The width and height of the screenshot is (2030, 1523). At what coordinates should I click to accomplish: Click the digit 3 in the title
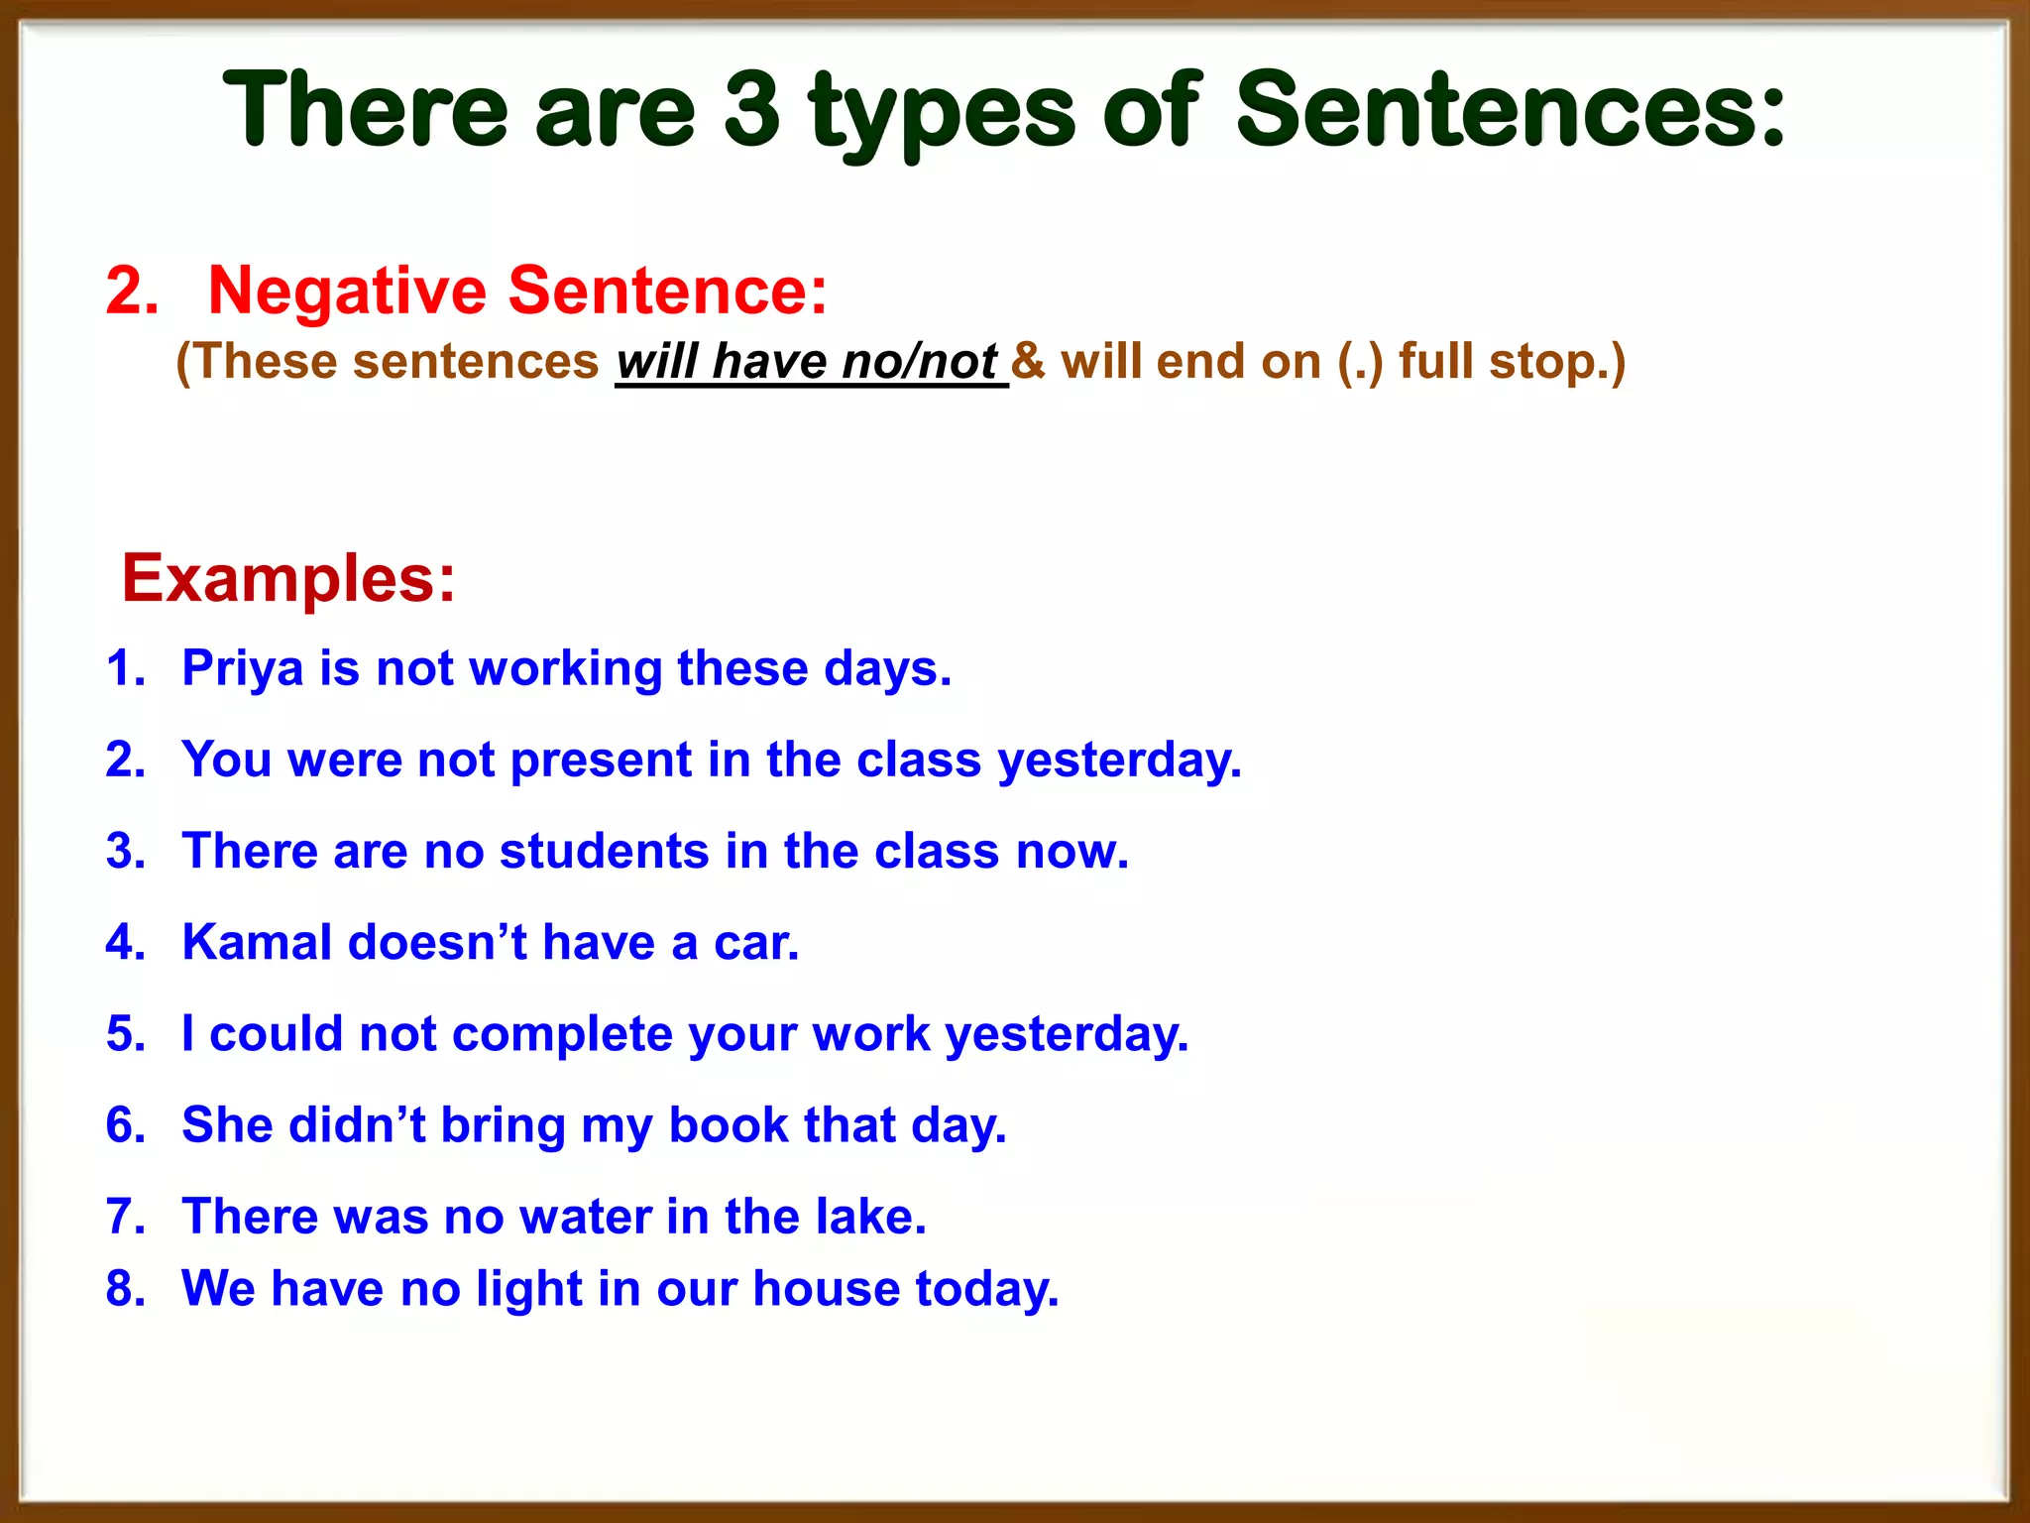coord(752,109)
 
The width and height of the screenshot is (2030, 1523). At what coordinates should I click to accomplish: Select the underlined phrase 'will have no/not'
coord(808,362)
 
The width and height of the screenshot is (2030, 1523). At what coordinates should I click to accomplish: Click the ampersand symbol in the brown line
coord(1028,361)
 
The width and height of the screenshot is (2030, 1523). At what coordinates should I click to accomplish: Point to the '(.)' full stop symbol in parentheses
coord(1360,362)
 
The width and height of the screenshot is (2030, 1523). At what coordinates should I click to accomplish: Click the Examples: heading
coord(288,578)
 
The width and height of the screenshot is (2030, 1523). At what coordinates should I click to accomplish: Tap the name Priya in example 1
coord(242,669)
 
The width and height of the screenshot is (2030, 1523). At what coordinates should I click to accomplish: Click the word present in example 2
coord(601,761)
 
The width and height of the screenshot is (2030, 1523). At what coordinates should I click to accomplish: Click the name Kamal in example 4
coord(257,942)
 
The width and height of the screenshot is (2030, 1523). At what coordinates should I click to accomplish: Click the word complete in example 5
coord(563,1034)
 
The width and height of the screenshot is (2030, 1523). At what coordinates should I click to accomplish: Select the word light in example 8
coord(529,1289)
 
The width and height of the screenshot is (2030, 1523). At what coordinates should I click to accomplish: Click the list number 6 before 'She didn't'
coord(125,1125)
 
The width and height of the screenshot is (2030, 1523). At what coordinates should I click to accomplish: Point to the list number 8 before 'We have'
coord(125,1289)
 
